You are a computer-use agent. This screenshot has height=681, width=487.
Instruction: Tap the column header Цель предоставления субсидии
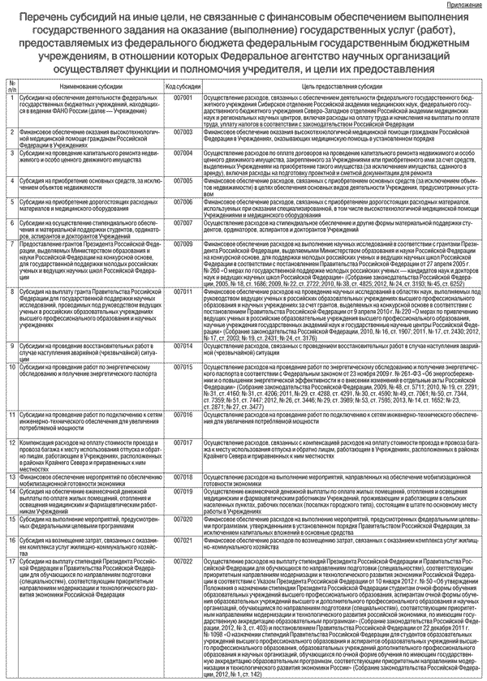[338, 85]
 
